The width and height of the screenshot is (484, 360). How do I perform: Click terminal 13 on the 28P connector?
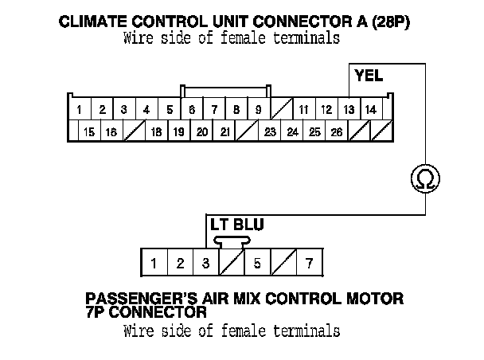point(349,109)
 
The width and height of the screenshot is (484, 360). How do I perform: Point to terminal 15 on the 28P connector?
point(90,132)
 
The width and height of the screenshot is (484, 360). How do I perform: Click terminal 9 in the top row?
point(259,109)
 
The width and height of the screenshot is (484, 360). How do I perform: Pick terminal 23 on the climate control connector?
point(270,132)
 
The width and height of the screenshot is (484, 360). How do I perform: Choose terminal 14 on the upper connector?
point(370,109)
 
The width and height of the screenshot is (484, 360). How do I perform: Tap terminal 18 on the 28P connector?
point(157,132)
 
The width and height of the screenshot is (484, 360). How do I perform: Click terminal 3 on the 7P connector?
point(205,262)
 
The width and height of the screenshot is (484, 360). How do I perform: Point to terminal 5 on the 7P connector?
point(257,262)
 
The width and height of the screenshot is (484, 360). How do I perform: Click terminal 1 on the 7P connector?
point(154,262)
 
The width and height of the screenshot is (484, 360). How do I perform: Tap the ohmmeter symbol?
point(422,178)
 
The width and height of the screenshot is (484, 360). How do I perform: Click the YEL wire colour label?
point(369,77)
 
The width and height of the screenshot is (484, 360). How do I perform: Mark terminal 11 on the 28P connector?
point(303,109)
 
